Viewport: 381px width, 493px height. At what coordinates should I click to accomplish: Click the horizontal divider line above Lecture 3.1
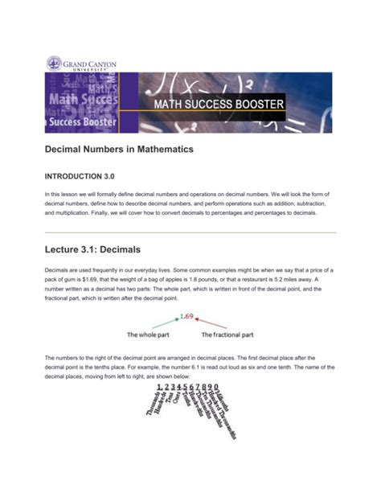point(190,232)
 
